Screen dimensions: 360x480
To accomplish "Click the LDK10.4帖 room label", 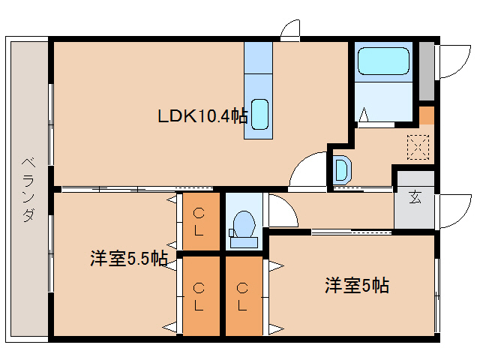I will [x=202, y=116].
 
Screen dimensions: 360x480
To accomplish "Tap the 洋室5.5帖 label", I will [x=128, y=259].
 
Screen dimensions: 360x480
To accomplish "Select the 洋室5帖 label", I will [x=356, y=285].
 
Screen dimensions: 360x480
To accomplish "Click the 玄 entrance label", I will [x=415, y=198].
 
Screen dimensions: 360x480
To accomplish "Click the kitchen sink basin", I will [x=259, y=114].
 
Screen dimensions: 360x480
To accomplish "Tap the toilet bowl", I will [x=243, y=224].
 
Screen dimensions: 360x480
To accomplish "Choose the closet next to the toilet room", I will [x=199, y=222].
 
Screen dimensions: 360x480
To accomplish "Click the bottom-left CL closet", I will [x=199, y=296].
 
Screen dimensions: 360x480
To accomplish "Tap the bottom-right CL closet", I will [x=243, y=296].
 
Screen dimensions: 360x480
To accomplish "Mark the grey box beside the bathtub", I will [x=426, y=71].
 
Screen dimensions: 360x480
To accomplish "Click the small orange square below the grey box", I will [x=426, y=115].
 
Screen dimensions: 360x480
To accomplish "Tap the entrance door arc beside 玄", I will [x=453, y=211].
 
